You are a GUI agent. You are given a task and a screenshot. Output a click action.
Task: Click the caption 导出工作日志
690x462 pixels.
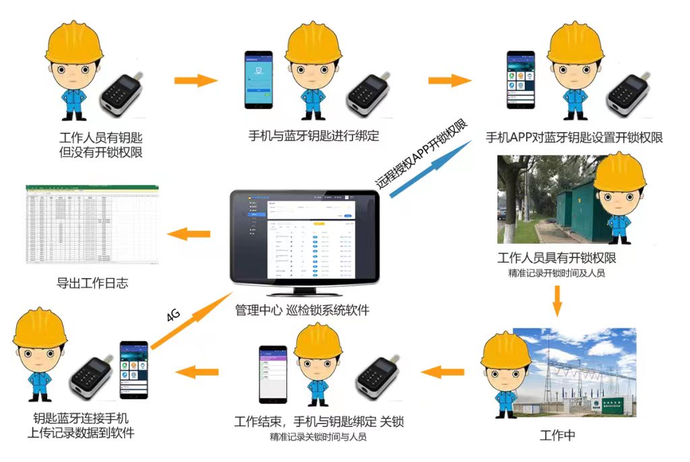click(x=92, y=284)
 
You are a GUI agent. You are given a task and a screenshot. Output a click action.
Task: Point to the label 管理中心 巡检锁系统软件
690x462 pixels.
click(x=302, y=310)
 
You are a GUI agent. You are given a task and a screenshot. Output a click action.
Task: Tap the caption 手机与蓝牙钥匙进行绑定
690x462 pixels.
click(x=313, y=136)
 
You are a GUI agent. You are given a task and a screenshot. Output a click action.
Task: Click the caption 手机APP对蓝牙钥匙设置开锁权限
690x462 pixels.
click(x=574, y=137)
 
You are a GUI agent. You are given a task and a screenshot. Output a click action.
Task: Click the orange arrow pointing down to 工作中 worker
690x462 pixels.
click(x=557, y=300)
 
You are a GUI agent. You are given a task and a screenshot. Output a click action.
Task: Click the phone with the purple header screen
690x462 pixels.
click(x=273, y=374)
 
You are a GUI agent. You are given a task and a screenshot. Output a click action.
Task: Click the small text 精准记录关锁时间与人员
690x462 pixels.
click(x=318, y=437)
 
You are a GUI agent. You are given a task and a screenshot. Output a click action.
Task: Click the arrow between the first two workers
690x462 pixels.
click(x=196, y=81)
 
